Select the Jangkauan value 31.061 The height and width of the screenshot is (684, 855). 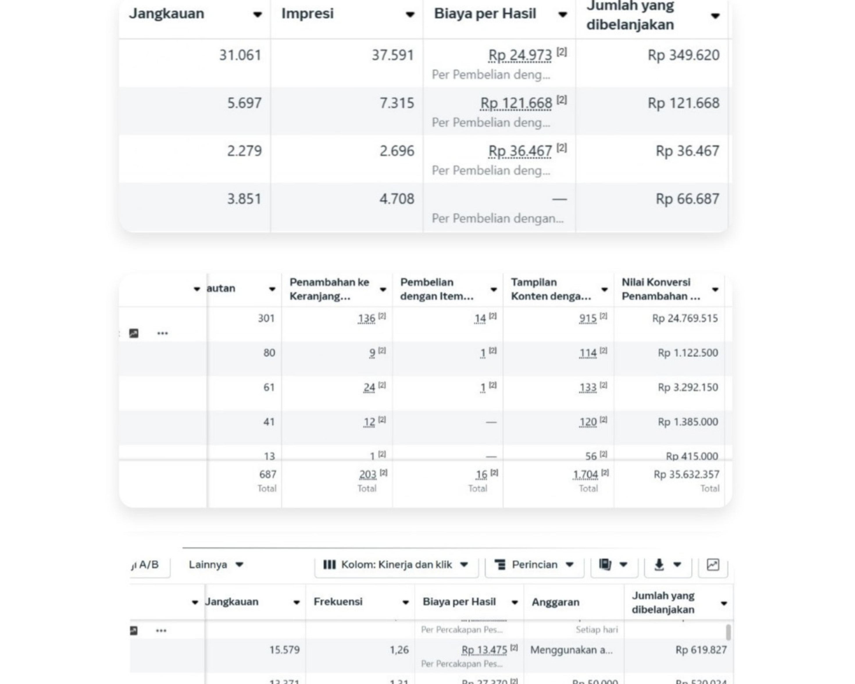click(x=240, y=55)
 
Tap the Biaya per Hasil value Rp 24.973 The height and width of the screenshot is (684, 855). click(x=520, y=55)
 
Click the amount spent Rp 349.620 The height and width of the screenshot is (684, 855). click(x=683, y=55)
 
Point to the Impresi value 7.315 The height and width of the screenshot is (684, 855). click(x=397, y=103)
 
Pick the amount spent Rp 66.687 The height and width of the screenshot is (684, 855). click(x=687, y=199)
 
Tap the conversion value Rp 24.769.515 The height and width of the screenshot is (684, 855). click(x=685, y=318)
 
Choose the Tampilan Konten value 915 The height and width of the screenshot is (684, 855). click(x=588, y=318)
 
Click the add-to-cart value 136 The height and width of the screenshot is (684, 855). click(x=366, y=318)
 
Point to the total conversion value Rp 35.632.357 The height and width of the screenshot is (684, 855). click(x=686, y=474)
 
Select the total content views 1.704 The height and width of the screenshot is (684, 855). click(x=585, y=474)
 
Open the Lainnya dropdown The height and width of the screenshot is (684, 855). click(x=216, y=565)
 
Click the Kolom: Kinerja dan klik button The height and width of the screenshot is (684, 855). click(x=396, y=565)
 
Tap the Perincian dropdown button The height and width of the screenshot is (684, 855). click(x=534, y=565)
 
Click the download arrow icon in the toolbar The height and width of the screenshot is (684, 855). click(x=659, y=565)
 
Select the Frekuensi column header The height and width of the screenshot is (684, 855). click(x=338, y=602)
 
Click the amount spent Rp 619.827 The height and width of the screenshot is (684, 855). click(x=701, y=650)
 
